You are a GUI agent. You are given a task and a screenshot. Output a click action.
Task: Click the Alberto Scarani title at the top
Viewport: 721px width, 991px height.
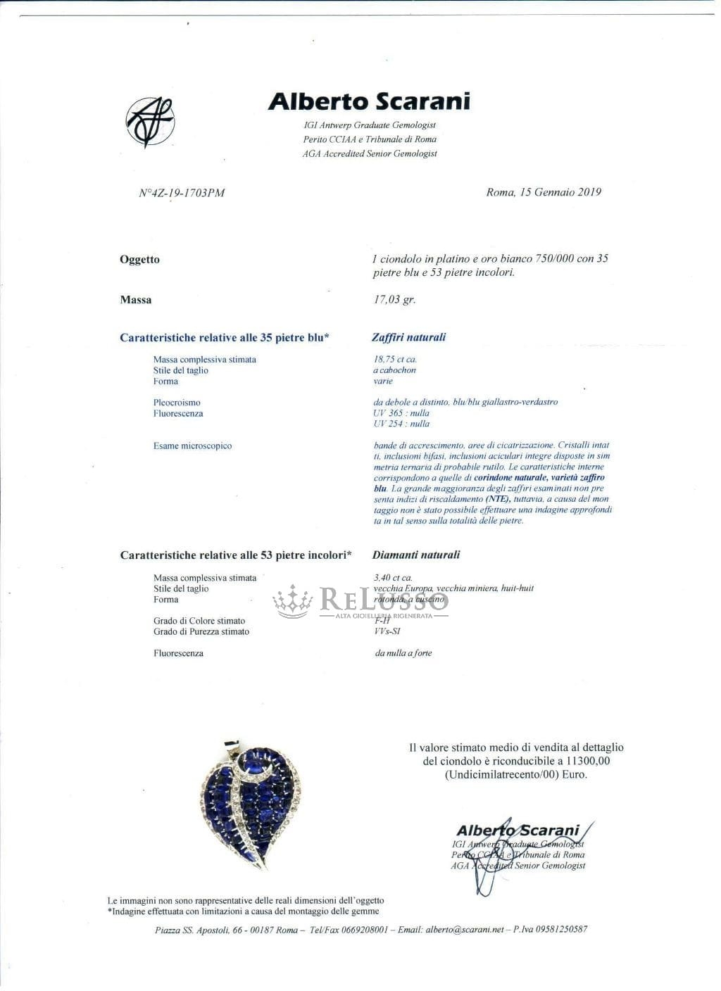(369, 101)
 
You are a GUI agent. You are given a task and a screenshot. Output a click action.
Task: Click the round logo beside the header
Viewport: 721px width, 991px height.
(149, 122)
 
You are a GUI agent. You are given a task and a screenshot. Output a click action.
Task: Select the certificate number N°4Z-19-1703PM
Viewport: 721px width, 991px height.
(182, 193)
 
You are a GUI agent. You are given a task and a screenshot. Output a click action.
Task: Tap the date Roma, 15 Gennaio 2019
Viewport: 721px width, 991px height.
(544, 192)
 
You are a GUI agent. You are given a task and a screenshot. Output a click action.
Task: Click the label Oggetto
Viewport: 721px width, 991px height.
(139, 260)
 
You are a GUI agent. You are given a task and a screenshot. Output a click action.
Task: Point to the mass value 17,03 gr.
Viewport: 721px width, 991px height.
(394, 300)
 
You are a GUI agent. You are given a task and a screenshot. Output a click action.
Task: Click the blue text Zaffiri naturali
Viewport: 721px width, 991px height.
(408, 337)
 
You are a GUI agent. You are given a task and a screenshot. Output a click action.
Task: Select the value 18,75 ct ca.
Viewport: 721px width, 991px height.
(395, 360)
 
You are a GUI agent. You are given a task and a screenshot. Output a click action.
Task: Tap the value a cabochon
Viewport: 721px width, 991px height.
(394, 370)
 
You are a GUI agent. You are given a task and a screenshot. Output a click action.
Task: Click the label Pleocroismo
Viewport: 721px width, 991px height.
(177, 403)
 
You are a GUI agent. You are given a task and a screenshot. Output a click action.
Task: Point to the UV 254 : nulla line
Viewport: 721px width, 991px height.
(401, 424)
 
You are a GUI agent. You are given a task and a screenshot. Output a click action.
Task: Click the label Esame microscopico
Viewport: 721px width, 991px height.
(192, 446)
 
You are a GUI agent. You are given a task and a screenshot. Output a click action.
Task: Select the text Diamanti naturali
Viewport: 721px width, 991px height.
(416, 555)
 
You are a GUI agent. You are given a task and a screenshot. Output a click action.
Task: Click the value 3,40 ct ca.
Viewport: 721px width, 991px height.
(393, 578)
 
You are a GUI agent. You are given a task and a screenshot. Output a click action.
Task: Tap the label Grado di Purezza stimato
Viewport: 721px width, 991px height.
(201, 632)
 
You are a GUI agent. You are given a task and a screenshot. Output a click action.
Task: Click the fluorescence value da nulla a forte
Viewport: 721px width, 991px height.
(403, 653)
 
